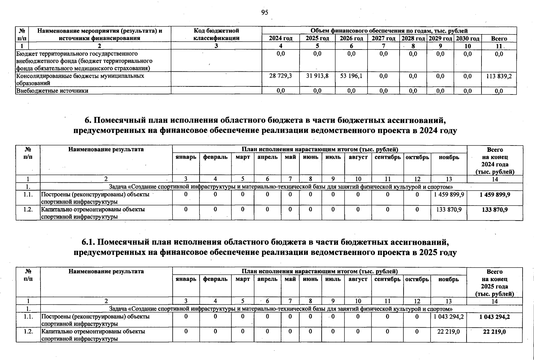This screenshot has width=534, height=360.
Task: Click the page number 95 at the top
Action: (265, 12)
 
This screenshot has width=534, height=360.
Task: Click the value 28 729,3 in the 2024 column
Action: (280, 76)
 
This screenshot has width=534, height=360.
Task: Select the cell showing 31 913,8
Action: (317, 76)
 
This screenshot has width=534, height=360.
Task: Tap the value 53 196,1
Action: (351, 76)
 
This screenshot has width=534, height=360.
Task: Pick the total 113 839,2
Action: (499, 76)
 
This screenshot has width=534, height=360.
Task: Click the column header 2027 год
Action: (383, 38)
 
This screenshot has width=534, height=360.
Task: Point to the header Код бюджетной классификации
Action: (216, 34)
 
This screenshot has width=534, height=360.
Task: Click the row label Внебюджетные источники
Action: (52, 91)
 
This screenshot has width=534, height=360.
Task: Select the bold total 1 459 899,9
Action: (495, 195)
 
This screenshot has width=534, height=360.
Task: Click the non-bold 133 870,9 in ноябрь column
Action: (449, 210)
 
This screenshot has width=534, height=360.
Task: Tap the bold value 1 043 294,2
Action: (494, 317)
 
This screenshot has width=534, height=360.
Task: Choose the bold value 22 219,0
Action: (494, 332)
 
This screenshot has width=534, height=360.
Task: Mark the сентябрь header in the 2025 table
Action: (387, 279)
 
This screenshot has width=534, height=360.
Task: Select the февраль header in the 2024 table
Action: (215, 157)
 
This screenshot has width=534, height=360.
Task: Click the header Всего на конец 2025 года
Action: (494, 283)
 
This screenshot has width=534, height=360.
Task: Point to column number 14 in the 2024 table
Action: (495, 179)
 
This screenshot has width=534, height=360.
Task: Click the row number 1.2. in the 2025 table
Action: (28, 331)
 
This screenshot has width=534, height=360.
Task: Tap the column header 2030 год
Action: (467, 38)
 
